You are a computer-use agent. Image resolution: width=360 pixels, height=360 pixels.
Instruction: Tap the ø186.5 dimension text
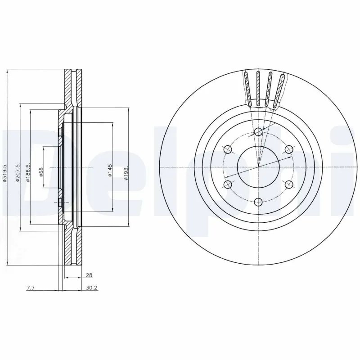(27, 172)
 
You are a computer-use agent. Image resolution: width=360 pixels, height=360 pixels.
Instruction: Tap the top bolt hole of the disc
(258, 132)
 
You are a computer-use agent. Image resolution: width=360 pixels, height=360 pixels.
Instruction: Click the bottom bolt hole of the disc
(258, 202)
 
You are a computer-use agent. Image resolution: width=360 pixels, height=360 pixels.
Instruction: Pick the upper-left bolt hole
(228, 149)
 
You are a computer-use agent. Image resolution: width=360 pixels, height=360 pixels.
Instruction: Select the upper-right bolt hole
(288, 149)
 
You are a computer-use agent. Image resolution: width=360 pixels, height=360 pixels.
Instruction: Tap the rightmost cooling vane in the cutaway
(279, 90)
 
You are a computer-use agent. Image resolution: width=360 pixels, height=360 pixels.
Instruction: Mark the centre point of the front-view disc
(258, 167)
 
